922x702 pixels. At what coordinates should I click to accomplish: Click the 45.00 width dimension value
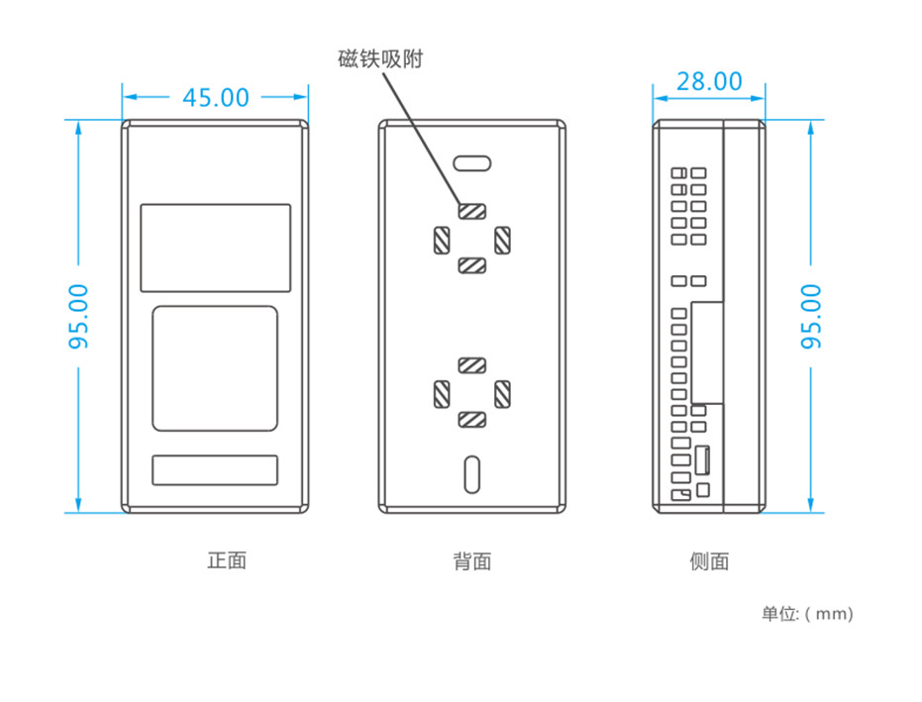216,98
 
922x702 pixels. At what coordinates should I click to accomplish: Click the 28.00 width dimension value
709,82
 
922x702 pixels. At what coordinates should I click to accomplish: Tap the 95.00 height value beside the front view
79,316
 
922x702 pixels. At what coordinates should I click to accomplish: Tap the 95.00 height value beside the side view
811,316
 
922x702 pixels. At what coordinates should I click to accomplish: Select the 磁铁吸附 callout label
380,58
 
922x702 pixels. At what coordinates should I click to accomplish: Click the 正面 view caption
227,560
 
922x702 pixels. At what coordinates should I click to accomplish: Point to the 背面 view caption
472,561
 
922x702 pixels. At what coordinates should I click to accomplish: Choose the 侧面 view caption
709,561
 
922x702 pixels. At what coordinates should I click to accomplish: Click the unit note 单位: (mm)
807,614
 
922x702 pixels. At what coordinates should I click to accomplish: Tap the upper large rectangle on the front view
215,248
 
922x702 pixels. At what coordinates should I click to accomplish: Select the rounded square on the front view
215,368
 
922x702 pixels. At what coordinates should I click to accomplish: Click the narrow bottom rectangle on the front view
215,469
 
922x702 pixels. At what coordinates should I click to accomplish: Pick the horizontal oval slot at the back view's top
472,163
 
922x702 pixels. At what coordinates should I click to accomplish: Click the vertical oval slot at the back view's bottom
472,474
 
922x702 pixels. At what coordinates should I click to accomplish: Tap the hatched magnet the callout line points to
472,211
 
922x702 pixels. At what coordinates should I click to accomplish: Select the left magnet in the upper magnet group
442,241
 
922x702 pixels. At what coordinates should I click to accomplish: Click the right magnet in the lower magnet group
502,394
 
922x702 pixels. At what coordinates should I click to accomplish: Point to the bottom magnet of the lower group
472,419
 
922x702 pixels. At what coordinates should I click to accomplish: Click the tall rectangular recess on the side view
707,352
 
